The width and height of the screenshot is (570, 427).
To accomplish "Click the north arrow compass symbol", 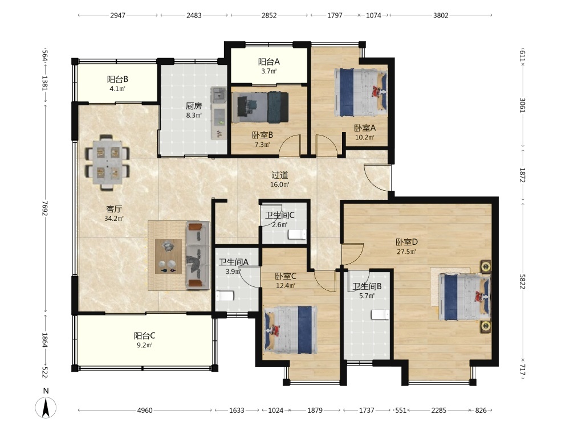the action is pos(46,407).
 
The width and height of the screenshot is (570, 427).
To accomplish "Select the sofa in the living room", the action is pos(198,256).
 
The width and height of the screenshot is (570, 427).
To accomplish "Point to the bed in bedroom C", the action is pos(291,330).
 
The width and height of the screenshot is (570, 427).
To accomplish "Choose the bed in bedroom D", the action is pos(465,297).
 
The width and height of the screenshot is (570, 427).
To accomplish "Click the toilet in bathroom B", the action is pos(380,314).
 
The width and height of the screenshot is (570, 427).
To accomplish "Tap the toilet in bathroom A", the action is pos(225,296).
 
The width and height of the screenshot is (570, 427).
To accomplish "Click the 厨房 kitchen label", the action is pos(194,106).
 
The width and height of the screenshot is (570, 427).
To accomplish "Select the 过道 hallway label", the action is pos(279,175).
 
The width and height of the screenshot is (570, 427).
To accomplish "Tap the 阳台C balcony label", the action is pos(145,335).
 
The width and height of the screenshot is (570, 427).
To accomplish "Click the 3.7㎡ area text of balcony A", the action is pos(269,71).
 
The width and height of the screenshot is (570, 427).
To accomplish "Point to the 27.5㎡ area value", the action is pos(406,251).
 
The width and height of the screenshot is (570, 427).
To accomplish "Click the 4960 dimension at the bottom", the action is pos(145,410).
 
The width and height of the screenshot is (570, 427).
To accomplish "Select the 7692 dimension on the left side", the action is pos(45,208).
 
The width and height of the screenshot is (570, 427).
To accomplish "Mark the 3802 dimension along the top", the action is pos(441,15).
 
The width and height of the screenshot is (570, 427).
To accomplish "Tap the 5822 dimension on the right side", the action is pos(522,281).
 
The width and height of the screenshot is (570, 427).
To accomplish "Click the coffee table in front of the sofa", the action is pos(168,256).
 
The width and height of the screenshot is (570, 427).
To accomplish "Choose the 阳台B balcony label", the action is pos(117,79).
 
